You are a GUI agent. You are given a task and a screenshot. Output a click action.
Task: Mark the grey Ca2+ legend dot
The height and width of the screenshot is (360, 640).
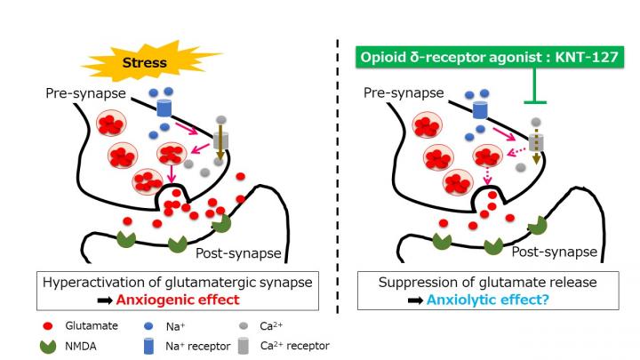tap(243, 326)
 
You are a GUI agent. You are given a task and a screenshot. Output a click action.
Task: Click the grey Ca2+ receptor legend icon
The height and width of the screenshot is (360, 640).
tap(243, 347)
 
